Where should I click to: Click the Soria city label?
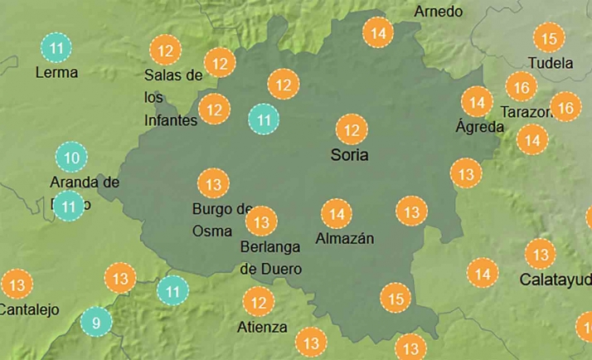coord(349,155)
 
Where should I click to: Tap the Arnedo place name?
coord(439,12)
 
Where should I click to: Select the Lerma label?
coord(56,72)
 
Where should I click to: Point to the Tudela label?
coord(551,63)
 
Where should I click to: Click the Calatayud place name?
coord(556,280)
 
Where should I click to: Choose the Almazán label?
coord(345,239)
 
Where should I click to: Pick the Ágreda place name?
coord(480,127)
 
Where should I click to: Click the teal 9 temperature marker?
coord(96,323)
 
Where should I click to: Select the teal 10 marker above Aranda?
coord(71,158)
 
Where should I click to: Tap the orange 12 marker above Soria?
coord(352,129)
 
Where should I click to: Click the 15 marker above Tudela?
coord(548,37)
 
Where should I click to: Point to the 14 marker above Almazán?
coord(337,214)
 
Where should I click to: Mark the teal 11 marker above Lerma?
coord(56,47)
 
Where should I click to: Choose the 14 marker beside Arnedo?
coord(379,33)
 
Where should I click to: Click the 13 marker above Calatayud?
coord(541,254)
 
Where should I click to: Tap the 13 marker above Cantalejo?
coord(15,285)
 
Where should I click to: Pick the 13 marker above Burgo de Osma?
coord(213,183)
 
